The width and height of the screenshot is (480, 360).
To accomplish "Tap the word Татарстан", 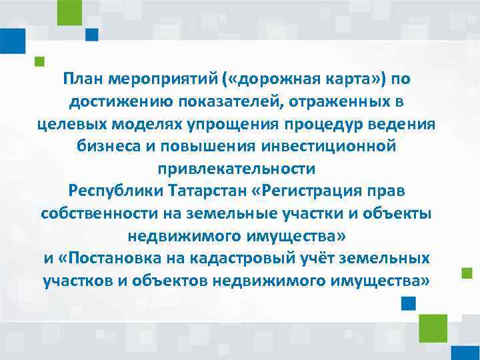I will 208,191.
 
